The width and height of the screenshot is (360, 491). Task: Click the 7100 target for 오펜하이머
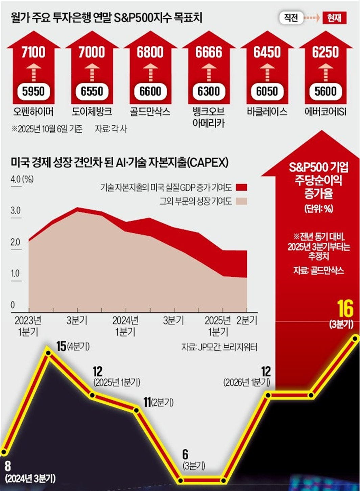coord(33,52)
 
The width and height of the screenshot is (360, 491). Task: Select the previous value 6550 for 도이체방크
coord(92,91)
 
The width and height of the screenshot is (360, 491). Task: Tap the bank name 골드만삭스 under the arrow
coord(150,112)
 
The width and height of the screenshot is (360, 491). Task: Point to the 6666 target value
coord(209,52)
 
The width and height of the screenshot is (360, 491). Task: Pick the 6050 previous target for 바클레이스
coord(267,91)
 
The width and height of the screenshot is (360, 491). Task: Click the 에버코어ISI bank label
coord(326,112)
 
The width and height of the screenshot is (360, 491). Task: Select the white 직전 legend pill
coord(291,18)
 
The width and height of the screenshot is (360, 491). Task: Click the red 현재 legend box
coord(335,18)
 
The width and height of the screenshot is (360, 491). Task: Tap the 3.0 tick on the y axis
coord(16,211)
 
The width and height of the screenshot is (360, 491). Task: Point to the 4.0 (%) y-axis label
coord(22,180)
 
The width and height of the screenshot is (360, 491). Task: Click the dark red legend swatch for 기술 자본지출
coord(241,187)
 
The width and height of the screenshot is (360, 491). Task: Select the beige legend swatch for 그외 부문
coord(241,201)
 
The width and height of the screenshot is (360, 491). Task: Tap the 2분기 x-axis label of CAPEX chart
coord(247,321)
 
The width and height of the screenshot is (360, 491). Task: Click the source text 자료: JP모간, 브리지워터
coord(219,347)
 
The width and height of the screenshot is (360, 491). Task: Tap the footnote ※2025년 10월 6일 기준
coord(47,129)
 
